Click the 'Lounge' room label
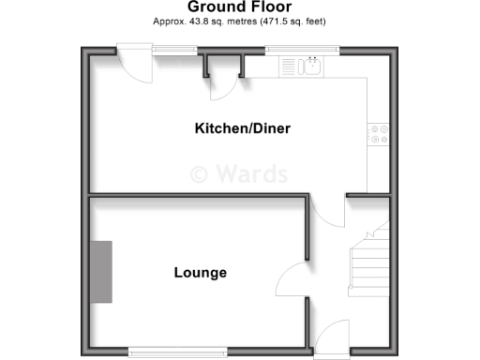coord(201,273)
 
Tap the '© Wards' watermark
coord(239,173)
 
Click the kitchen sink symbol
coord(312,66)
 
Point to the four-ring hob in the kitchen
coord(379,134)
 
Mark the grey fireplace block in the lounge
coord(101,271)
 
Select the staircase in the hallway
coord(368,258)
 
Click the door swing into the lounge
coord(292,277)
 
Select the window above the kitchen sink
coord(301,49)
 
